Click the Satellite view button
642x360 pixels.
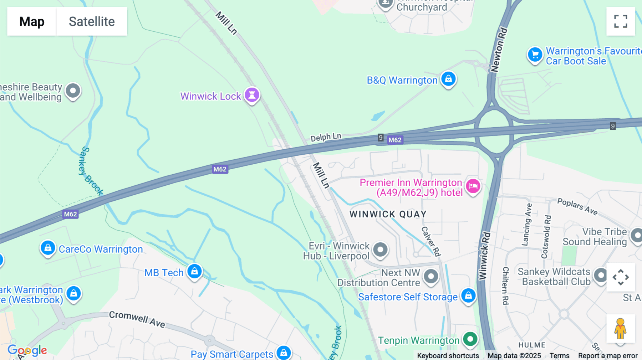[92, 21]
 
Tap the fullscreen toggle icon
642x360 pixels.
[621, 21]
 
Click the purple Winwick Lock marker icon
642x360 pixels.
[252, 95]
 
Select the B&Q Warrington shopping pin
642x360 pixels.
[448, 79]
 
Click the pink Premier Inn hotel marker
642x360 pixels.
[473, 186]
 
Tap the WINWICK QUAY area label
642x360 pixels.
[388, 214]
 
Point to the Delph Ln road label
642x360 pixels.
[326, 137]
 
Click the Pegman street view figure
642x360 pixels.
[620, 329]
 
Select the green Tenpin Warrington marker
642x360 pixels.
[470, 339]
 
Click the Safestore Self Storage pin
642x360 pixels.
[468, 295]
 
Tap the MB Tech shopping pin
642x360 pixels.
[194, 272]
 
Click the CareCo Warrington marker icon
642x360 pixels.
[48, 248]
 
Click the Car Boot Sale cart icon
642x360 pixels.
[535, 55]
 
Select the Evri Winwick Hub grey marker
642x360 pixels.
[380, 250]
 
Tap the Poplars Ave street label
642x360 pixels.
[577, 207]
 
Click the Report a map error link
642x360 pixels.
[607, 356]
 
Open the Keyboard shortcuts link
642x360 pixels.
[448, 356]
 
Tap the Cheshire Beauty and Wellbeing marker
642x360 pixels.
[73, 91]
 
